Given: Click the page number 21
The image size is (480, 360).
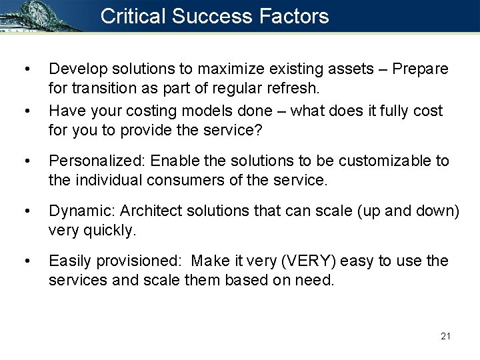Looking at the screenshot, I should point(446,335).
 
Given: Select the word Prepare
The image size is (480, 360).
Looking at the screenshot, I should point(421,69).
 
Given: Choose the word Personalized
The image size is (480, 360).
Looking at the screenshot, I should point(98,161).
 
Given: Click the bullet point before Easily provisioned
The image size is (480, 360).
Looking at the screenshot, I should point(26,261).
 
